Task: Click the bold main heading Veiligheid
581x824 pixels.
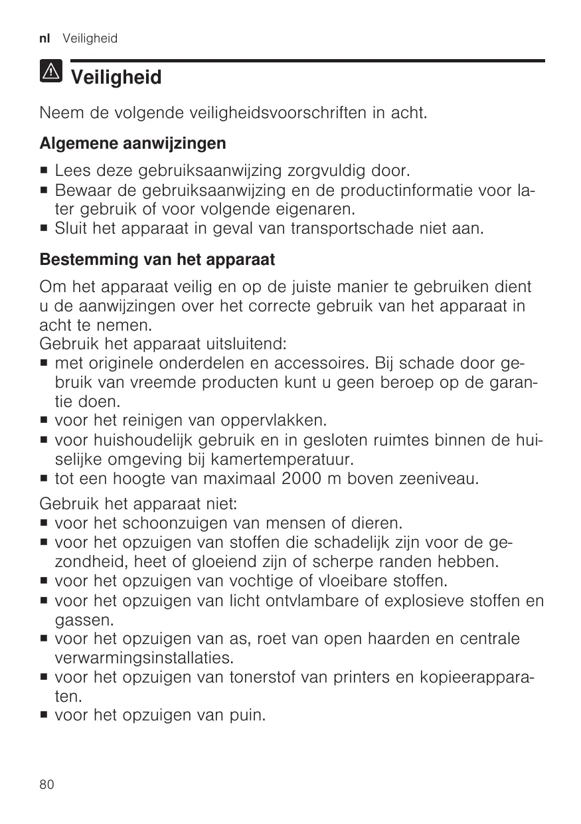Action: point(116,78)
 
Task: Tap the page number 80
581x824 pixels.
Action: point(46,784)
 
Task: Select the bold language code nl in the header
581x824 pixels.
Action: point(44,39)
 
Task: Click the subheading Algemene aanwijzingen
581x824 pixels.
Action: point(133,143)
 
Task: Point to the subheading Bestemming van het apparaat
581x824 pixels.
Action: point(157,258)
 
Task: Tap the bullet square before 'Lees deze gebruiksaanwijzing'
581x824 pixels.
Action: point(44,173)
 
